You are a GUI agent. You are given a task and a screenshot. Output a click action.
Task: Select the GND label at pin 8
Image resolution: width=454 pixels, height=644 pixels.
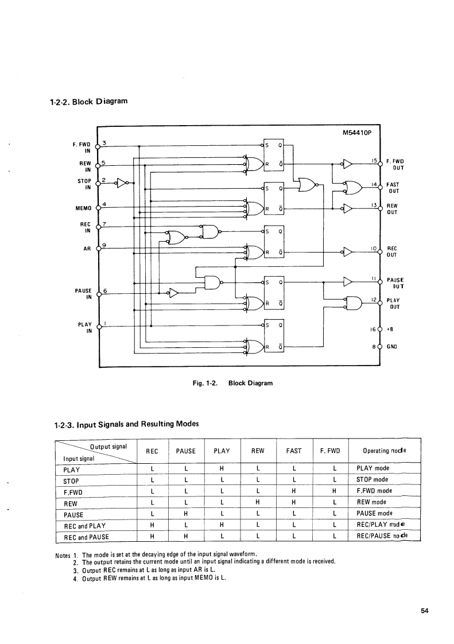tap(393, 347)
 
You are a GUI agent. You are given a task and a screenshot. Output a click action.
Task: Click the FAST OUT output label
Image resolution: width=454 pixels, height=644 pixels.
tap(394, 188)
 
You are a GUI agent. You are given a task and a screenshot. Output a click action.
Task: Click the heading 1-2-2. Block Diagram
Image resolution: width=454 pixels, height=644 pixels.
tap(89, 102)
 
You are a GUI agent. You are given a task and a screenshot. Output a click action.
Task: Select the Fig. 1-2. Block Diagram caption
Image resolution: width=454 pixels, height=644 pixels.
tap(228, 382)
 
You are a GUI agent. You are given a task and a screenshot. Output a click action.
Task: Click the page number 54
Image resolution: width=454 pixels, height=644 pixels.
tap(424, 611)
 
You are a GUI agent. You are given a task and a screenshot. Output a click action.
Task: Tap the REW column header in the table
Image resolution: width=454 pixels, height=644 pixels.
tap(258, 451)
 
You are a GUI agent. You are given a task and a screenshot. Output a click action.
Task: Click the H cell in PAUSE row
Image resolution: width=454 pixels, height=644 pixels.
tap(186, 514)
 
